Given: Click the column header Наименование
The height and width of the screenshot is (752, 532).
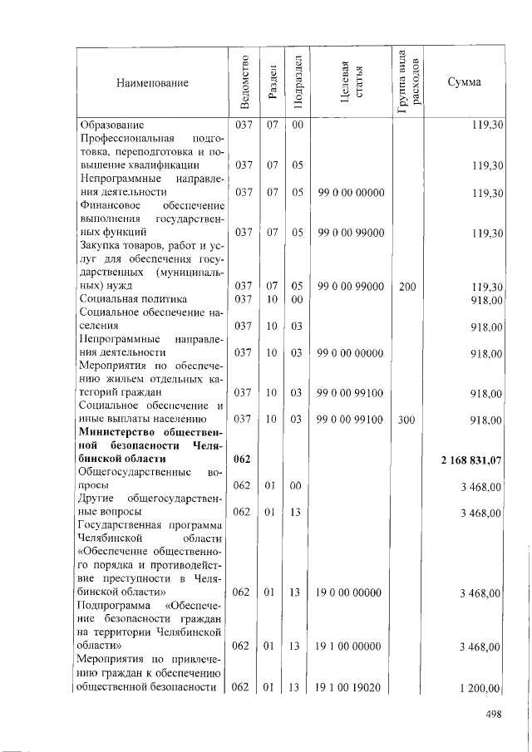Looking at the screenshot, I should tap(152, 82).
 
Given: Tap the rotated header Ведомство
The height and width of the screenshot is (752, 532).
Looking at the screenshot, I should tap(243, 83).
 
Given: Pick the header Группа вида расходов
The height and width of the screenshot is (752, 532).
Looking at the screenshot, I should tap(407, 83).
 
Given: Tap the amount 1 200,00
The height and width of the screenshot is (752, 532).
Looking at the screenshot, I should tap(481, 687).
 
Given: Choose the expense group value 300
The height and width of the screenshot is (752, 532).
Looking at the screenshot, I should tap(406, 420).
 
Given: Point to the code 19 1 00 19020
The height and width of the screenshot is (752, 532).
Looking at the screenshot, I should tap(350, 687).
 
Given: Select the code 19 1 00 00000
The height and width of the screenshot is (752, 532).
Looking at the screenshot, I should tap(350, 646).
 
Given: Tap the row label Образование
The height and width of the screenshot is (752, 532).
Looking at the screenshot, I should tap(112, 125).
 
